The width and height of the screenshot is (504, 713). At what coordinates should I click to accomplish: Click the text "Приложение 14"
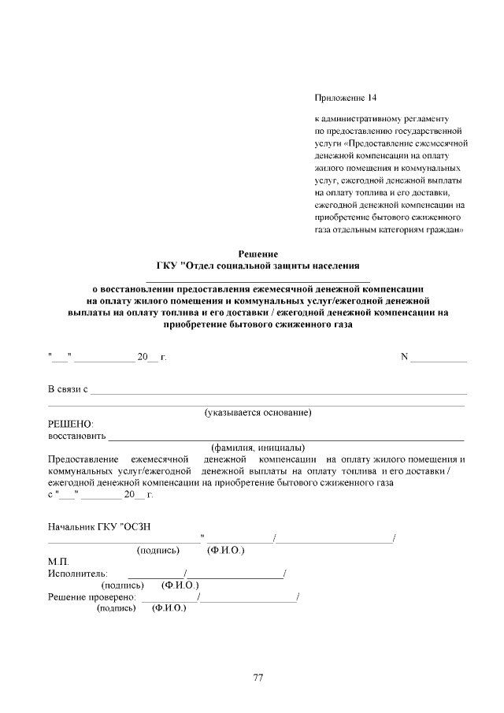(x=346, y=98)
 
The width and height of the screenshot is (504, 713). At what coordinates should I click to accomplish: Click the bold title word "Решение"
(x=258, y=254)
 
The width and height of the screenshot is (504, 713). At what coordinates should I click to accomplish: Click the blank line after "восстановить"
(x=286, y=436)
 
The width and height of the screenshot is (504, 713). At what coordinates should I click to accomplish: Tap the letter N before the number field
(x=405, y=357)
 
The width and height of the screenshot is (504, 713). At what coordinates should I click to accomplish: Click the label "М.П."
(x=58, y=562)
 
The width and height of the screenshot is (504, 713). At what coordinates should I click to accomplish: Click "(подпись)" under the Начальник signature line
(x=159, y=551)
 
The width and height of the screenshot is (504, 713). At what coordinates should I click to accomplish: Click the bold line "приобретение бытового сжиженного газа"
(x=258, y=323)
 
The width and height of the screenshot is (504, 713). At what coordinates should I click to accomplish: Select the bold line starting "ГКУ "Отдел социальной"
(x=258, y=266)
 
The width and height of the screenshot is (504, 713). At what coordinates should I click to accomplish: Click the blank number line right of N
(x=439, y=358)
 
